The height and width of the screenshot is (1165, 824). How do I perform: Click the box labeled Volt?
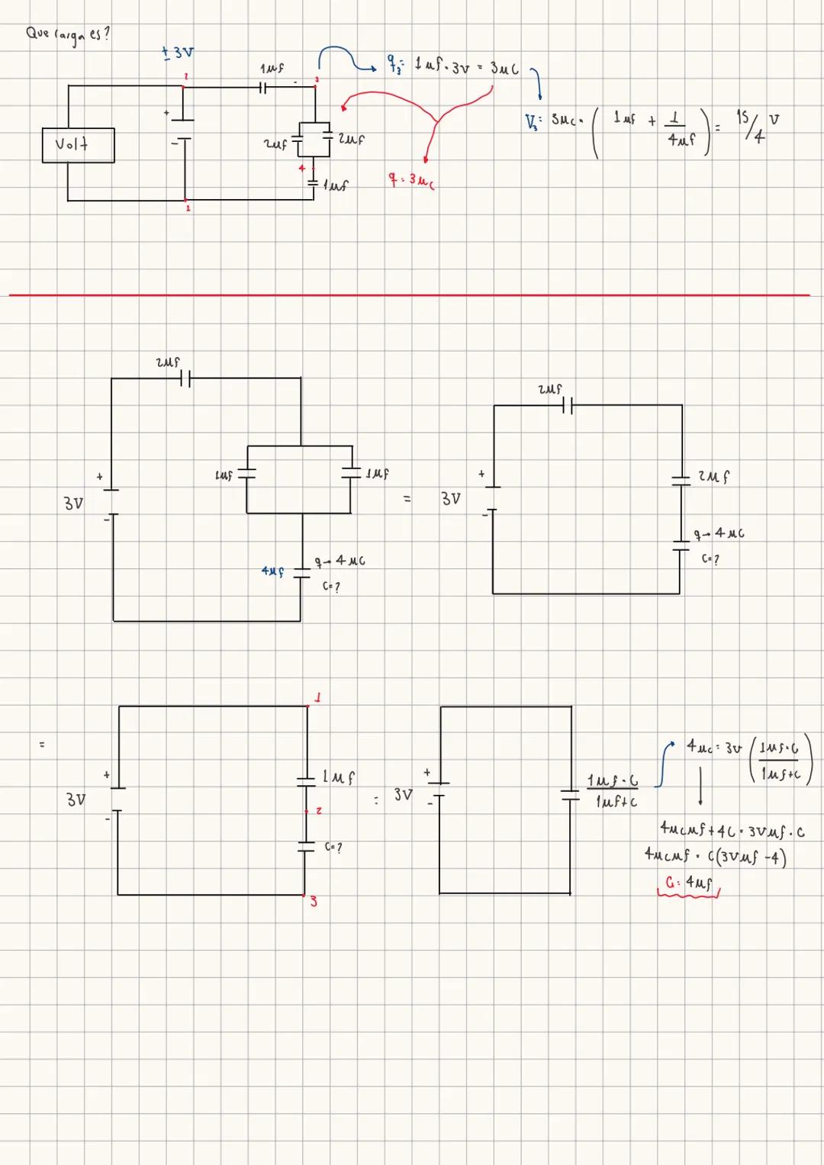click(x=79, y=145)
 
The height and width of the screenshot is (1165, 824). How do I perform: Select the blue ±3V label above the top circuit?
click(x=178, y=53)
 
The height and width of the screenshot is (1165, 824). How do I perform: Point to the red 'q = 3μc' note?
click(x=412, y=180)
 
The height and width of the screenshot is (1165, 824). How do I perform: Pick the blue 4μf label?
click(x=272, y=571)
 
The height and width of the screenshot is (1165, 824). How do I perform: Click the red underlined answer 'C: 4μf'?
click(x=688, y=883)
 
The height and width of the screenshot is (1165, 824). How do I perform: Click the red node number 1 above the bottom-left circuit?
click(x=317, y=697)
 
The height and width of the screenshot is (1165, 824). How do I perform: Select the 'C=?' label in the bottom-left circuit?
click(x=333, y=848)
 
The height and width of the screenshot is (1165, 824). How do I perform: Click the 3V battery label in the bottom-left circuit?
click(x=75, y=800)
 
